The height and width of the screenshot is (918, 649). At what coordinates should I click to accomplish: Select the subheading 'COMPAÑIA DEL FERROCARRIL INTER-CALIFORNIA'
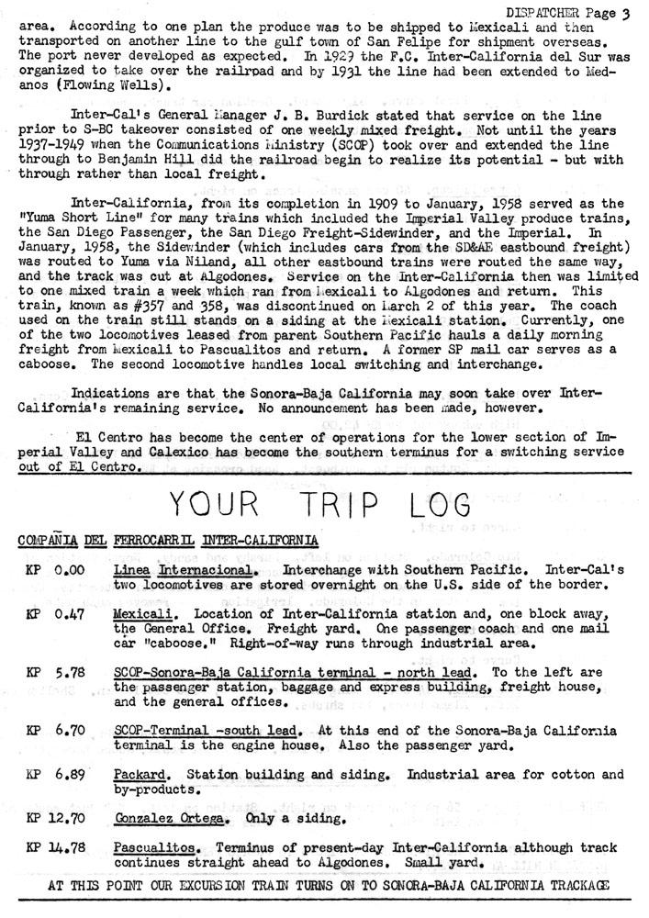pyautogui.click(x=169, y=541)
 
